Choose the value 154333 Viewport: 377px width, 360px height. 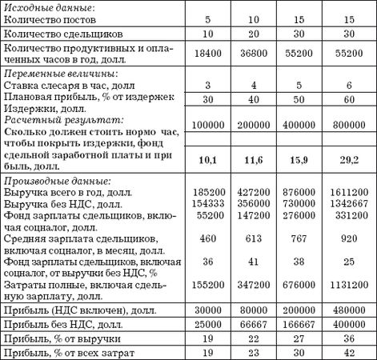click(x=207, y=204)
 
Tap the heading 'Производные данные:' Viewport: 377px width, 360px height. click(x=56, y=182)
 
